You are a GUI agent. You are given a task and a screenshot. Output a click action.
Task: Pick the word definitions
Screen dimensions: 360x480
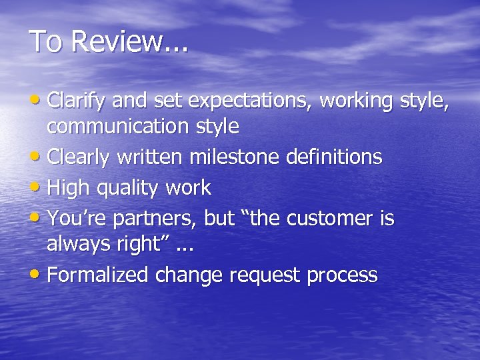click(x=334, y=157)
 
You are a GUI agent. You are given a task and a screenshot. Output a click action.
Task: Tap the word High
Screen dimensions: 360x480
click(x=70, y=189)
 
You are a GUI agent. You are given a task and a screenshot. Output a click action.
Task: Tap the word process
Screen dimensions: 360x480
click(x=342, y=276)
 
